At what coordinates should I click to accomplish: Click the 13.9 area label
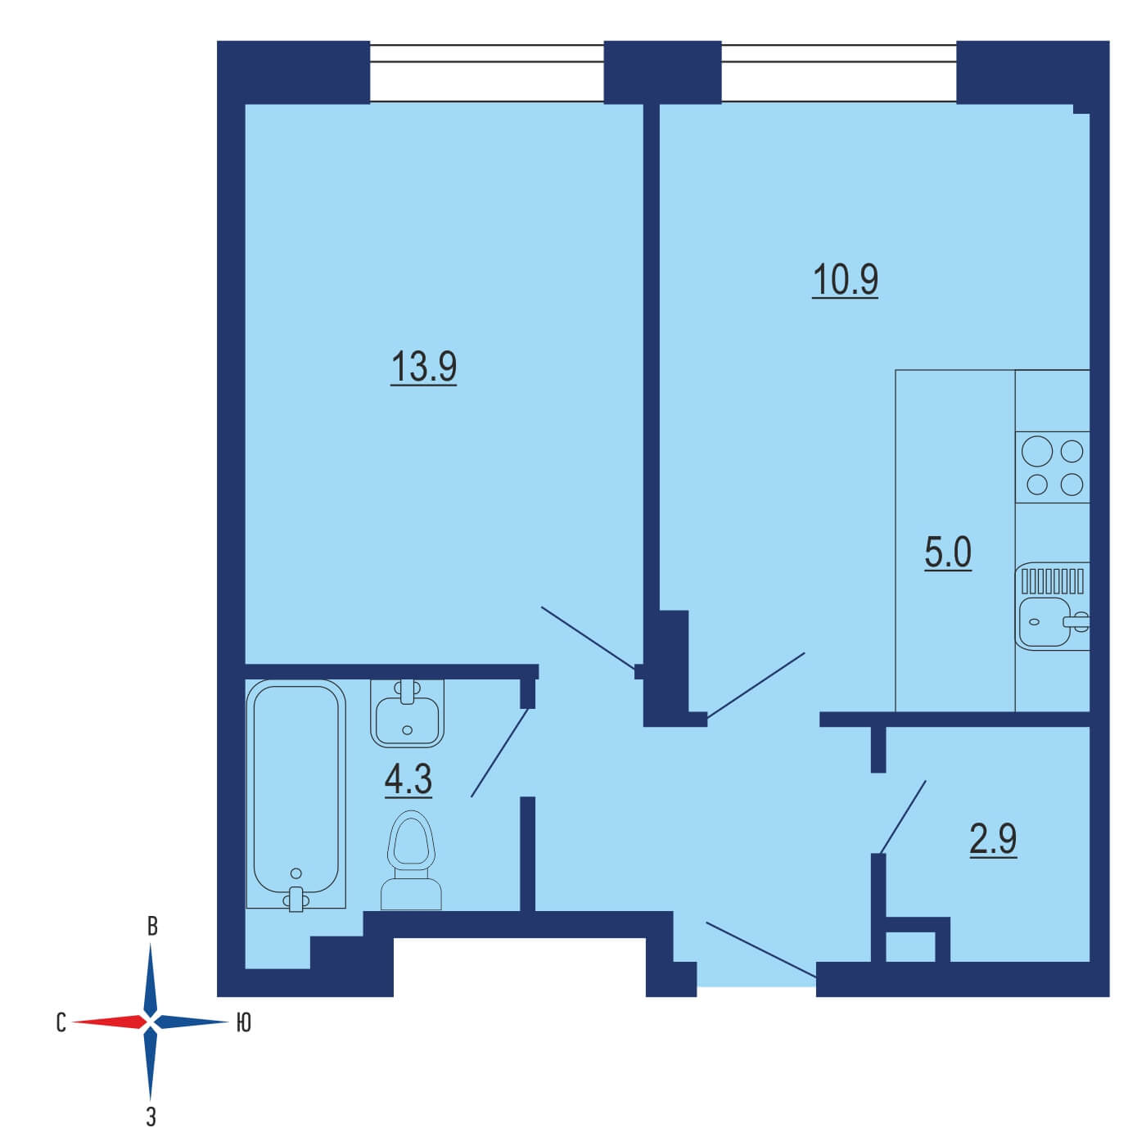(423, 367)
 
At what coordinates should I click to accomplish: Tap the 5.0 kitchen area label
(948, 552)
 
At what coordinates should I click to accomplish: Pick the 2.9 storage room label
(993, 839)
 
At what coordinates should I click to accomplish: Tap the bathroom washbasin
(408, 713)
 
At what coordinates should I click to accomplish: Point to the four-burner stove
(1052, 467)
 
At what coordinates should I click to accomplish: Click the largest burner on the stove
(1037, 452)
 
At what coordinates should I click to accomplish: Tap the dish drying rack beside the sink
(1052, 580)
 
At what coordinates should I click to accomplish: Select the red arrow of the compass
(109, 1022)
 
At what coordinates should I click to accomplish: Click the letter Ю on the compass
(243, 1022)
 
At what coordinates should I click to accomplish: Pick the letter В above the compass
(152, 927)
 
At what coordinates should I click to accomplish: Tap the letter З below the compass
(151, 1117)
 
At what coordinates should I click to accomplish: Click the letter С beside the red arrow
(61, 1022)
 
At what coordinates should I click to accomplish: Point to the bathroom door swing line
(499, 753)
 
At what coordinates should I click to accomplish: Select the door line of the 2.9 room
(902, 817)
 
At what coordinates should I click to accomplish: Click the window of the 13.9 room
(486, 73)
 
